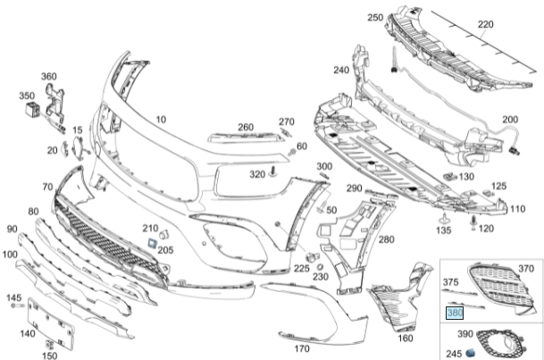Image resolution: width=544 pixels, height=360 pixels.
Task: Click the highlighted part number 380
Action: coord(454,314)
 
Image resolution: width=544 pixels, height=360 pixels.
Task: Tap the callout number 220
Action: coord(509,24)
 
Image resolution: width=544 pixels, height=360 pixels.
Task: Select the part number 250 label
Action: coord(375,18)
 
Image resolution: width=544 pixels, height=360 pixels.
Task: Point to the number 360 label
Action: coord(48,76)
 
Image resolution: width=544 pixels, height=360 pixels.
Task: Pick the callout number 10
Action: coord(161,119)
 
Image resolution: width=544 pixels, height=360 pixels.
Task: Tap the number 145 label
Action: coord(13,297)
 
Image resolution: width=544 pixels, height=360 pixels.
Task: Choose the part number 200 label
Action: coord(509,120)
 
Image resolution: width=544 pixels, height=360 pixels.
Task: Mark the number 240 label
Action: coord(341,71)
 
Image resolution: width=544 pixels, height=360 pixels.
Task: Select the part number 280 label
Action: coord(385,239)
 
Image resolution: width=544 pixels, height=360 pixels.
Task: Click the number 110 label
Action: coord(517,209)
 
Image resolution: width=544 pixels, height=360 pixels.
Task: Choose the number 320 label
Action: coord(257,174)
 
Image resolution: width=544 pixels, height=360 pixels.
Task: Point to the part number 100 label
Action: coord(9,255)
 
